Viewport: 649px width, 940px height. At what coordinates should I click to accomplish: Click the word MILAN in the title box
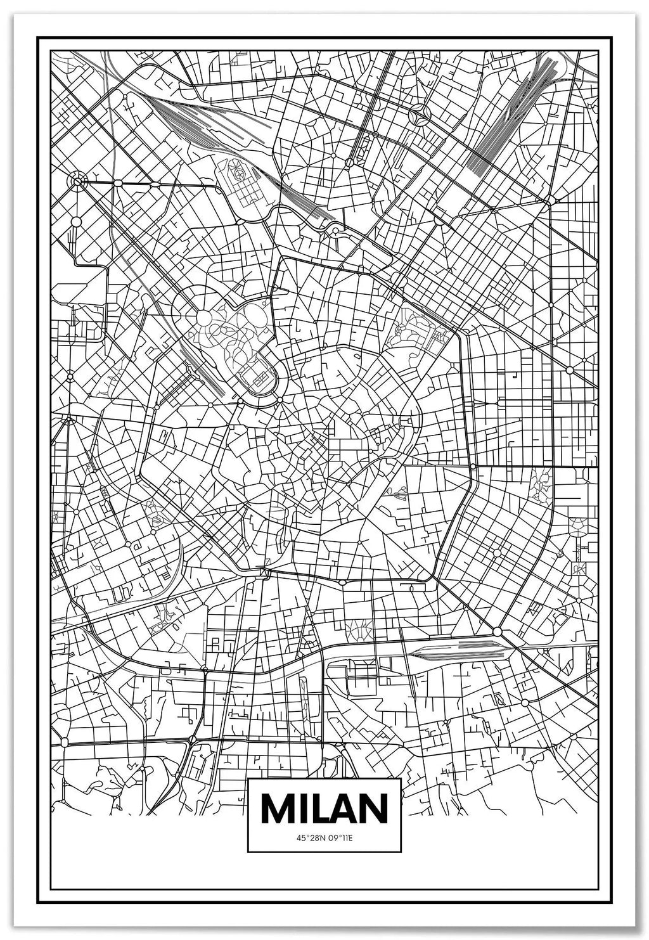coord(324,808)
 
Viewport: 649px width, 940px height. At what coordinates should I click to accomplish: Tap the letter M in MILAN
coord(275,808)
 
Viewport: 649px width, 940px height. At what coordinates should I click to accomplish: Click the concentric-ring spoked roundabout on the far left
coord(77,182)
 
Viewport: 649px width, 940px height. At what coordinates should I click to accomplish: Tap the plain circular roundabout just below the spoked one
coord(76,222)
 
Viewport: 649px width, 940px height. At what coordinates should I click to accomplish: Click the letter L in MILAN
coord(319,808)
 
